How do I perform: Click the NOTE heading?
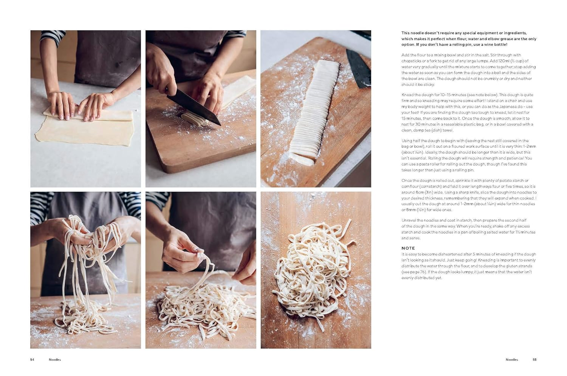coord(408,248)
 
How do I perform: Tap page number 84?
coord(32,360)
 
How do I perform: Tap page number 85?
coord(534,360)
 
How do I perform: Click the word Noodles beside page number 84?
coord(55,360)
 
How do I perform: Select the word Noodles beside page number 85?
coord(512,360)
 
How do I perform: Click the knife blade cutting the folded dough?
coord(193,106)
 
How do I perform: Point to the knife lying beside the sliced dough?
coord(358,68)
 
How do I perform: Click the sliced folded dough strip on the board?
coord(314,111)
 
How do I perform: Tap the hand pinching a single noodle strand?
coord(181,253)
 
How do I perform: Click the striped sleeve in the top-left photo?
coord(52,37)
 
